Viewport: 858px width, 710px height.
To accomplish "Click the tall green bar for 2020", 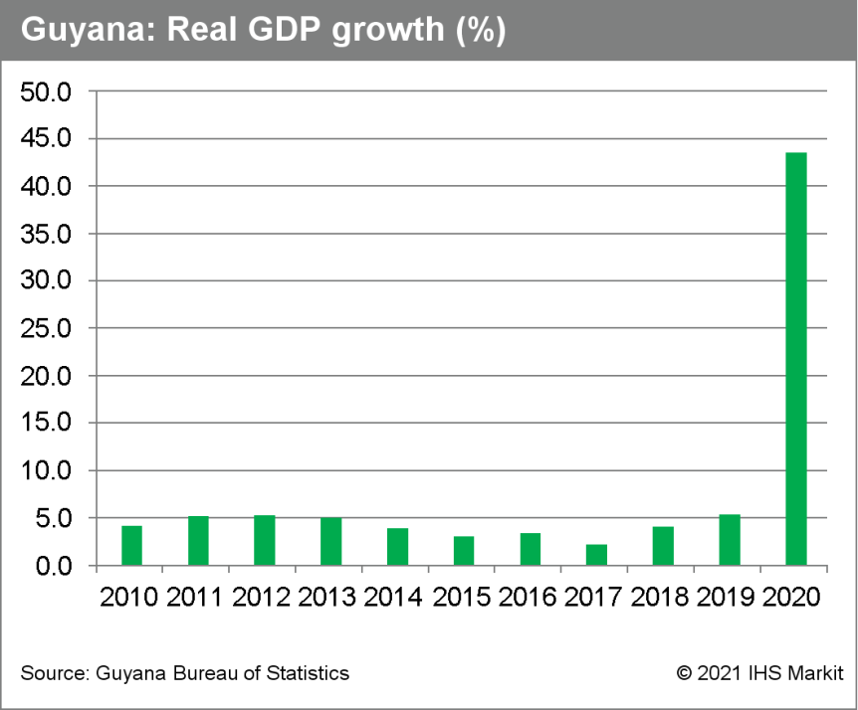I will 795,359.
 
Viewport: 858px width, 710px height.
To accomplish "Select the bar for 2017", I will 596,555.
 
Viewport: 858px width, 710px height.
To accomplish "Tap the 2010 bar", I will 131,546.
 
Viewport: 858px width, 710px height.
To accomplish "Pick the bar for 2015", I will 464,551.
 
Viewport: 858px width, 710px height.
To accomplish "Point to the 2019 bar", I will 730,540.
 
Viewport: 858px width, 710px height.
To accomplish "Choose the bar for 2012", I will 265,540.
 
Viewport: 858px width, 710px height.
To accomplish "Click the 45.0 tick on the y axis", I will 46,139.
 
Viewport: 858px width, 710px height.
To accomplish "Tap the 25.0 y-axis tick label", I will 46,329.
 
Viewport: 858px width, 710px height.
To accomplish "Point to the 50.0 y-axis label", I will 46,92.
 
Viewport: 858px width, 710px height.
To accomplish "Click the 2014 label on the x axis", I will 393,598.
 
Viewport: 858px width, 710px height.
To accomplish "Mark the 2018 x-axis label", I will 659,598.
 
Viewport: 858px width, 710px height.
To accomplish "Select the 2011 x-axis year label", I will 194,598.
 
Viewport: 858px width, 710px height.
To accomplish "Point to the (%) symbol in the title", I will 481,31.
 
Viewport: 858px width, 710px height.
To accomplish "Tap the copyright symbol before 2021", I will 684,673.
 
